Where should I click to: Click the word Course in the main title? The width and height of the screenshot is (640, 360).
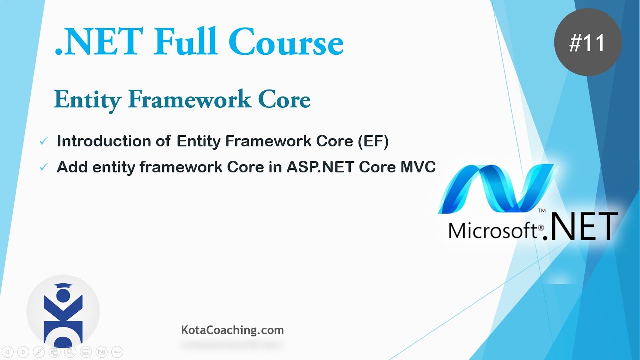coord(286,42)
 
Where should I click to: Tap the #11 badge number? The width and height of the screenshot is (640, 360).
coord(587,43)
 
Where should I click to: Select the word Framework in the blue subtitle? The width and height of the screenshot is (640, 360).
coord(189,99)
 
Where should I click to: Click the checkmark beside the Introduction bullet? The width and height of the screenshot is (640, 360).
coord(44,141)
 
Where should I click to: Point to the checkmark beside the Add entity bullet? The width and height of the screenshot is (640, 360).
coord(44,167)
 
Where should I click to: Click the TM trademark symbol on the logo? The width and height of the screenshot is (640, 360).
coord(542,211)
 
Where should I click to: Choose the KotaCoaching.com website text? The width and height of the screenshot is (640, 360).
coord(232,330)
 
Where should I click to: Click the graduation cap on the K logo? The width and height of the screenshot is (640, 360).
coord(63,286)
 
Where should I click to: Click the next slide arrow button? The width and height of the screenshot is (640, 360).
coord(23,352)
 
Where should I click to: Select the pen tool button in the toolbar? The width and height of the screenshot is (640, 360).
coord(39,352)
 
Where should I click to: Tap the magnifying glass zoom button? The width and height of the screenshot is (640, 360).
coord(70,352)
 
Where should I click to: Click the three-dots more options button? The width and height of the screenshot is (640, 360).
coord(117,352)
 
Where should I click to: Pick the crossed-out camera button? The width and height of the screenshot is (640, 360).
coord(101,352)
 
